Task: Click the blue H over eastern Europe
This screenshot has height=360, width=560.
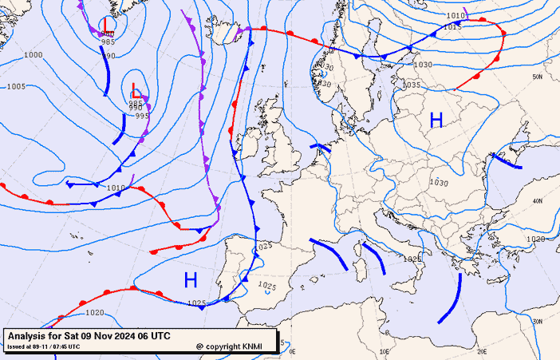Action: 436,121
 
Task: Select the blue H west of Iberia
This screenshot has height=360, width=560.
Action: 191,279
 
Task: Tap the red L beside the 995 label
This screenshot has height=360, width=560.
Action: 136,93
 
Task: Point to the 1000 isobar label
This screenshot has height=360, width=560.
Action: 34,55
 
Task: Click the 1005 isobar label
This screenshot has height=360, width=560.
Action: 16,86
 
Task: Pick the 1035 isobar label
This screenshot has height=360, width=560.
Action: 412,85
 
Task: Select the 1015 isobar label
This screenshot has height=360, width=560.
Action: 452,26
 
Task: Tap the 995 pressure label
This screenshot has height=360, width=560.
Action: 142,116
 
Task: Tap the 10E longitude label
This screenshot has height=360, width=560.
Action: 385,351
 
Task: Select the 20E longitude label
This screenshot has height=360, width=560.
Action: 481,351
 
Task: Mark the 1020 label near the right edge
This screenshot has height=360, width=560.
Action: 535,239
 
